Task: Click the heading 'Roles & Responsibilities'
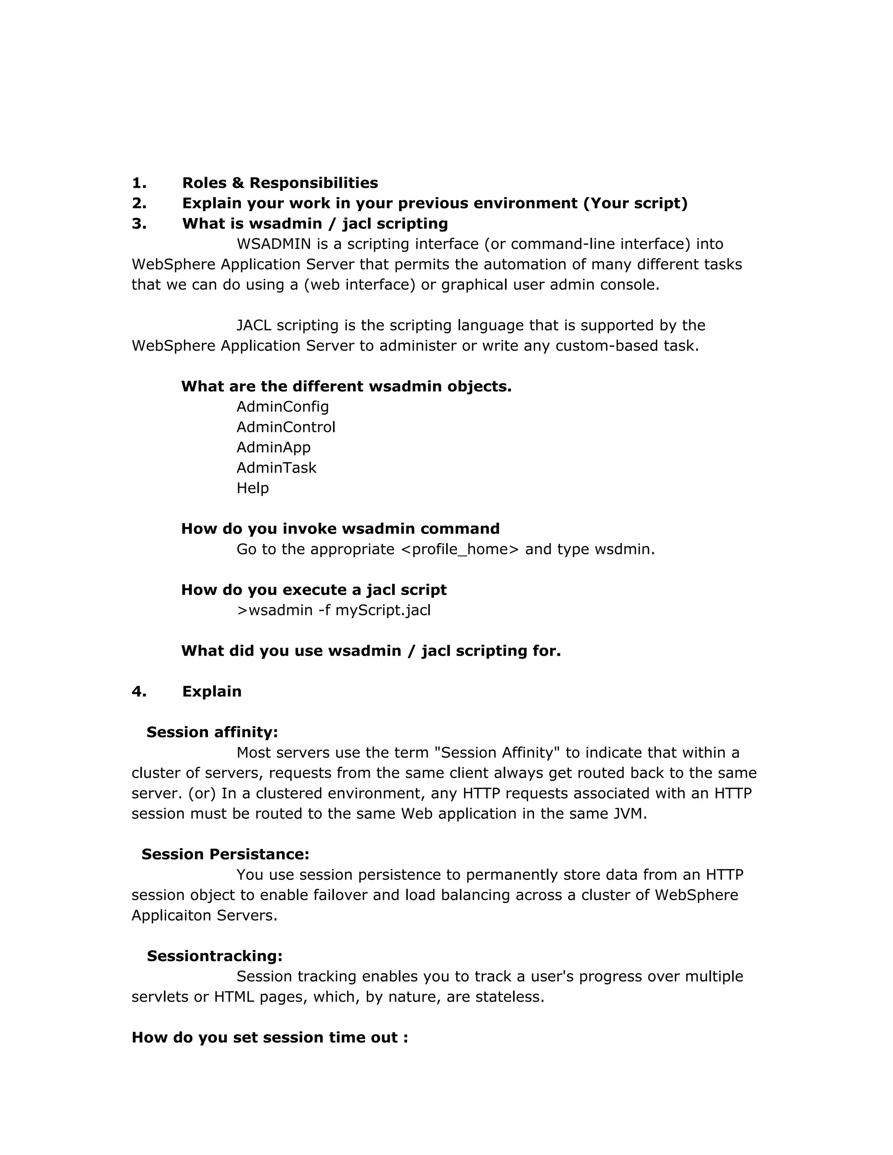(x=280, y=183)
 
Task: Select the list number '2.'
(x=139, y=203)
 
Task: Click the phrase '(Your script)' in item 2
(x=635, y=203)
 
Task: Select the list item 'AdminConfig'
(x=283, y=407)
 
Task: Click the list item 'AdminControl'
(x=286, y=427)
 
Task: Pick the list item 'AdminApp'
(x=273, y=448)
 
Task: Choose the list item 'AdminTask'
(x=276, y=468)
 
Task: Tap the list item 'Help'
(x=252, y=488)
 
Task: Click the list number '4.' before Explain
(x=139, y=692)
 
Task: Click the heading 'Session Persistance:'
(x=225, y=855)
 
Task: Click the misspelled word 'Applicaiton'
(x=172, y=915)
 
